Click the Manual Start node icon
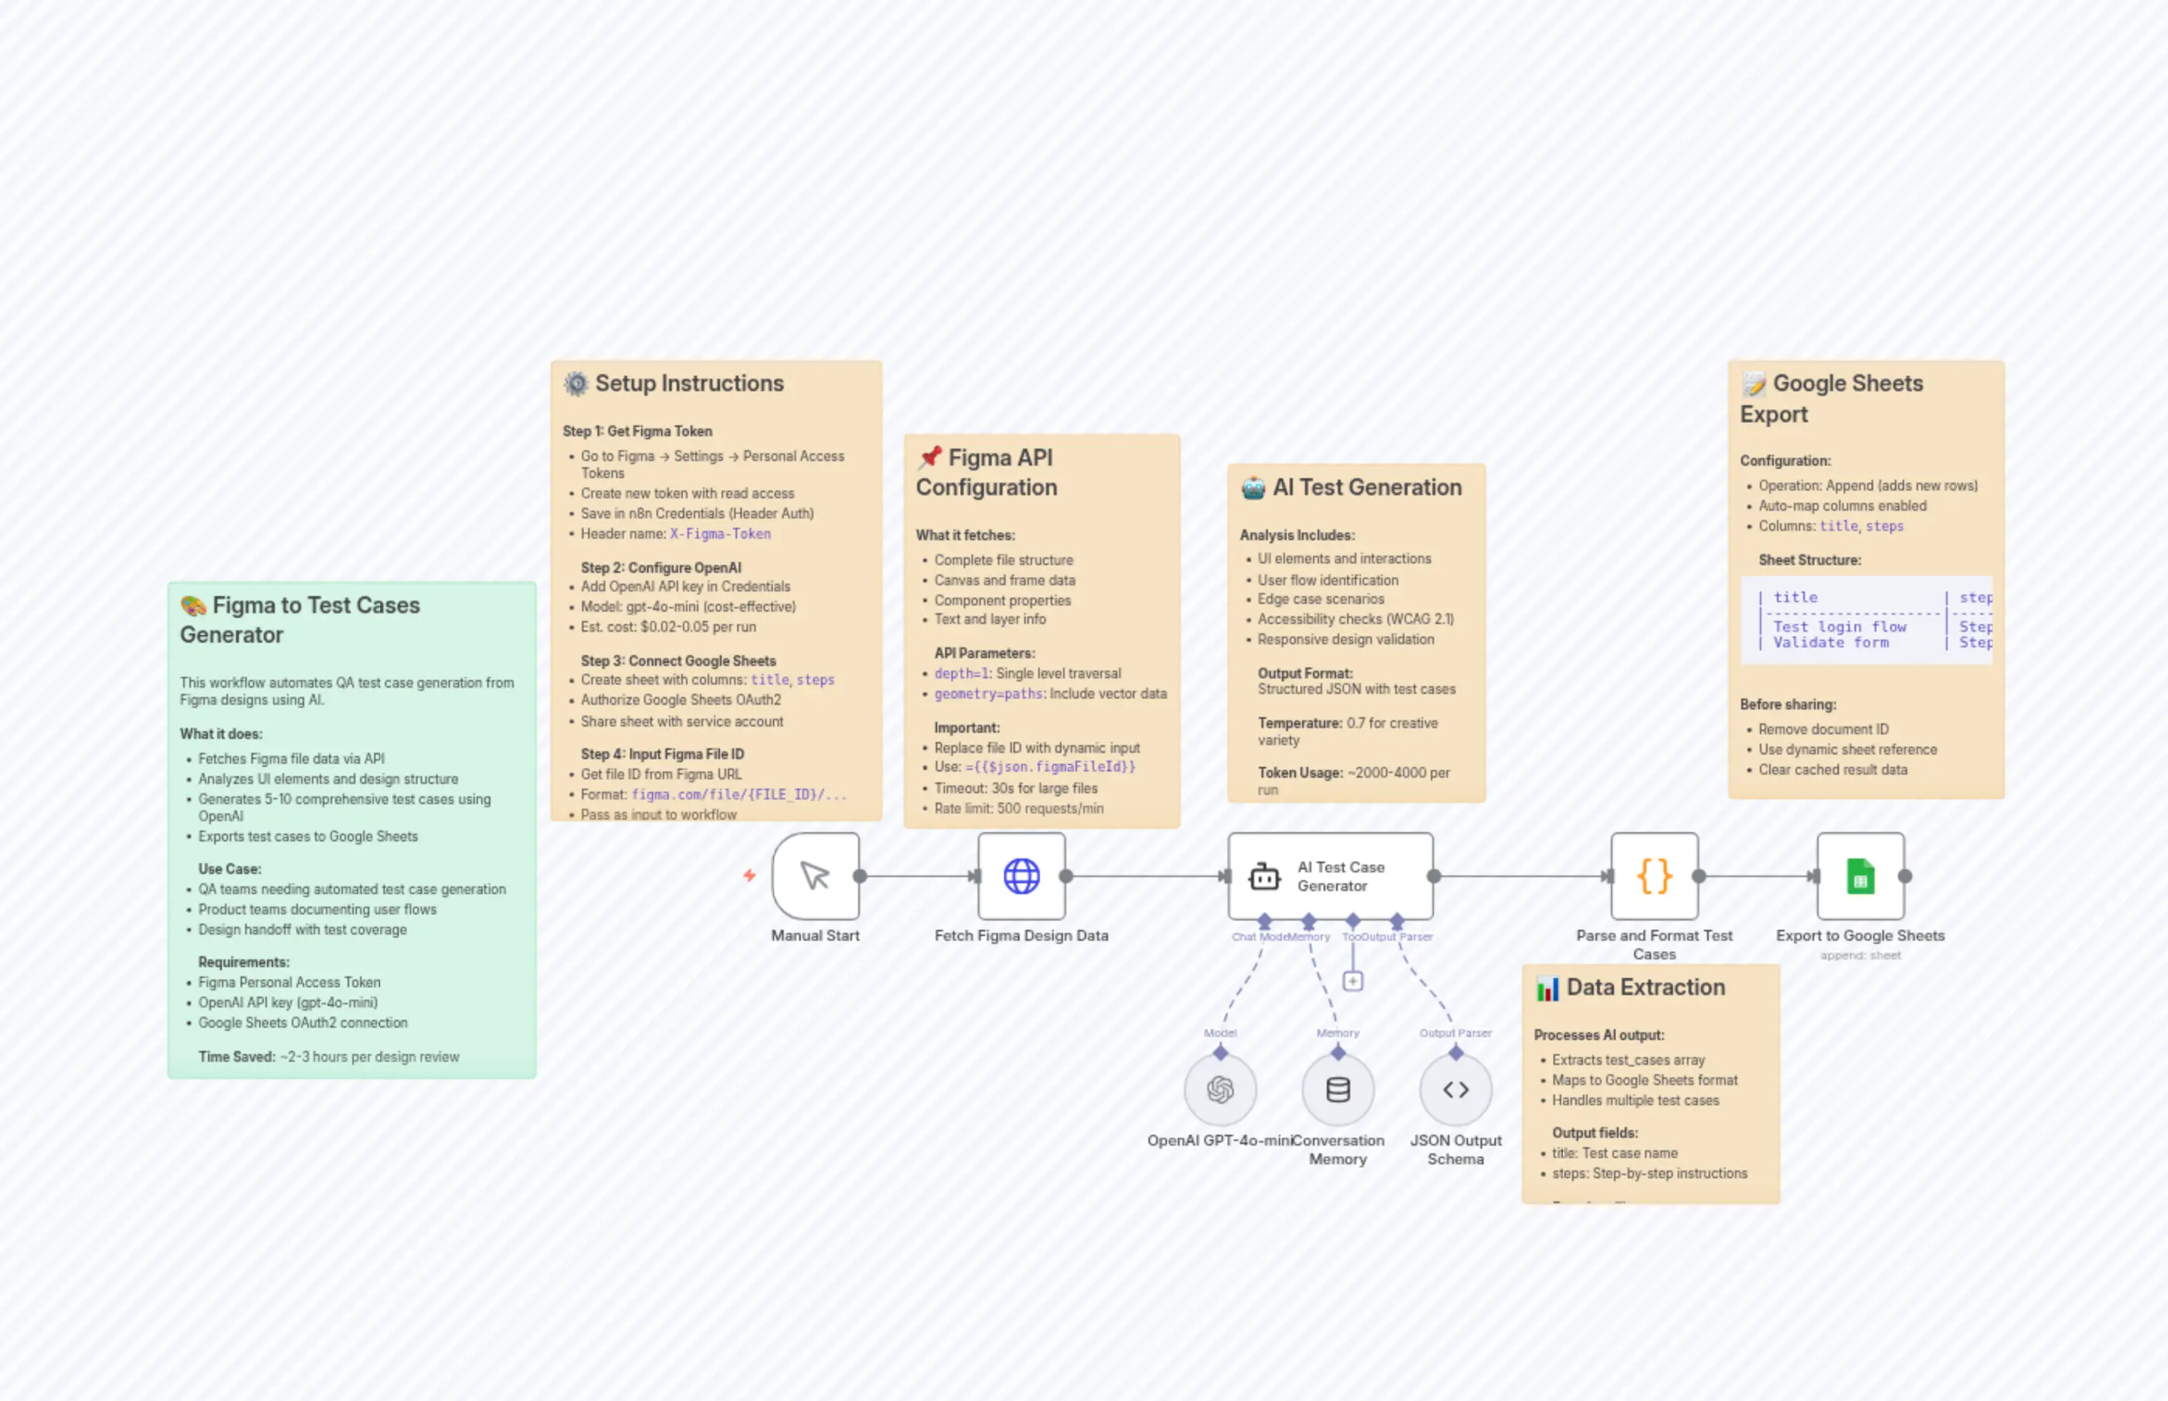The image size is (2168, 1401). coord(815,876)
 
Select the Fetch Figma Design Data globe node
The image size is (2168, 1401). coord(1021,876)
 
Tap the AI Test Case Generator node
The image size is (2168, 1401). coord(1331,876)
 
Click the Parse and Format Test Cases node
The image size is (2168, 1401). coord(1654,876)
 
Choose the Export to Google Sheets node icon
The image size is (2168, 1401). coord(1860,876)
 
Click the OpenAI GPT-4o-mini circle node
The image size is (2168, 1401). coord(1220,1089)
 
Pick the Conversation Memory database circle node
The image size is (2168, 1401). coord(1337,1089)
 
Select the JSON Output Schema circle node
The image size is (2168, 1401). coord(1455,1089)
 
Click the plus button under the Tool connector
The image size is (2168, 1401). coord(1352,981)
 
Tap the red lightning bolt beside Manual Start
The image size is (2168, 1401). coord(749,876)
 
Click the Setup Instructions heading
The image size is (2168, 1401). coord(688,383)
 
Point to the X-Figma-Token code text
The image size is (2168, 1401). coord(720,534)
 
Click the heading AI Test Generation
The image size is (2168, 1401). coord(1366,487)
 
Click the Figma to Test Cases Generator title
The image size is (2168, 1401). coord(300,619)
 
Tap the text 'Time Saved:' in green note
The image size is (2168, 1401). coord(237,1056)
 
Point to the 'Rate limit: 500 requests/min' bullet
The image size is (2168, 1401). coord(1019,808)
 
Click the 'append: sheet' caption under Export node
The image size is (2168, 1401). coord(1860,955)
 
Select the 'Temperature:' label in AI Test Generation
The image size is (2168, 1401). coord(1300,723)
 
